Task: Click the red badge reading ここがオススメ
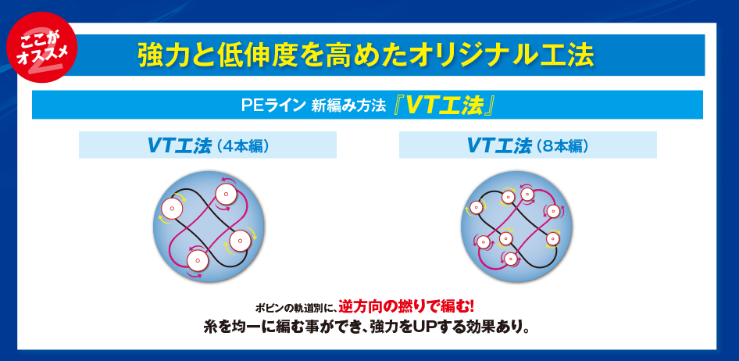(x=41, y=47)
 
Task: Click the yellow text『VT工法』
(x=444, y=105)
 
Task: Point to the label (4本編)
(x=243, y=145)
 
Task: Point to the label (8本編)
(x=563, y=145)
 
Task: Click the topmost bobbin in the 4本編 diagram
(x=225, y=194)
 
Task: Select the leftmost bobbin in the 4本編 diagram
(x=172, y=209)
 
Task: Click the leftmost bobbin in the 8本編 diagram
(x=476, y=207)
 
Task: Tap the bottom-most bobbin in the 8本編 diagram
(x=510, y=259)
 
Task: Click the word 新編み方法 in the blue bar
(x=348, y=105)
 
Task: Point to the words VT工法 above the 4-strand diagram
(x=179, y=145)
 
